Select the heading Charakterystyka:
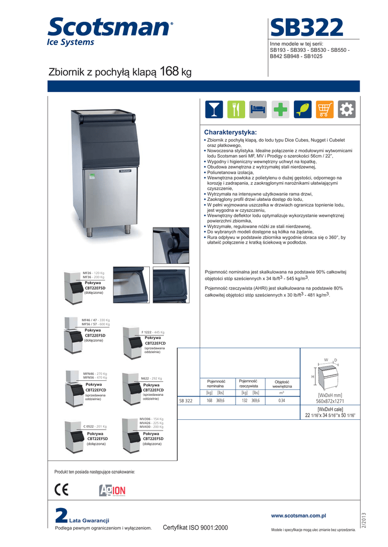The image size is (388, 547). click(231, 132)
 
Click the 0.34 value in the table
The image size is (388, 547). click(282, 401)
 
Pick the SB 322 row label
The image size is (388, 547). click(186, 401)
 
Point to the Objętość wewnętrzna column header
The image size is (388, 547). click(282, 384)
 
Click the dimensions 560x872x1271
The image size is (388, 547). click(329, 401)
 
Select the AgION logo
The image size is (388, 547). click(112, 490)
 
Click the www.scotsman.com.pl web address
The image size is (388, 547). click(299, 515)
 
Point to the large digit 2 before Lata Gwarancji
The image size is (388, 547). click(62, 516)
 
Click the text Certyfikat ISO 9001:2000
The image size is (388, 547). click(195, 528)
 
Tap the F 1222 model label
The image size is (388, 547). click(148, 332)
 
